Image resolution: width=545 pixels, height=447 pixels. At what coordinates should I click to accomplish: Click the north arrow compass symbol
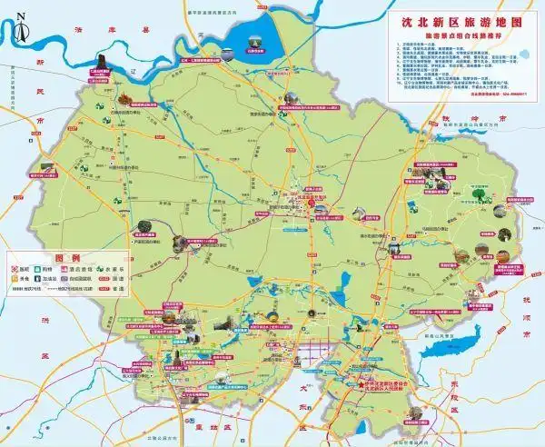pyautogui.click(x=20, y=27)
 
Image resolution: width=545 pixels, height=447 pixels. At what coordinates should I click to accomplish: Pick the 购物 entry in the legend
pyautogui.click(x=64, y=269)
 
